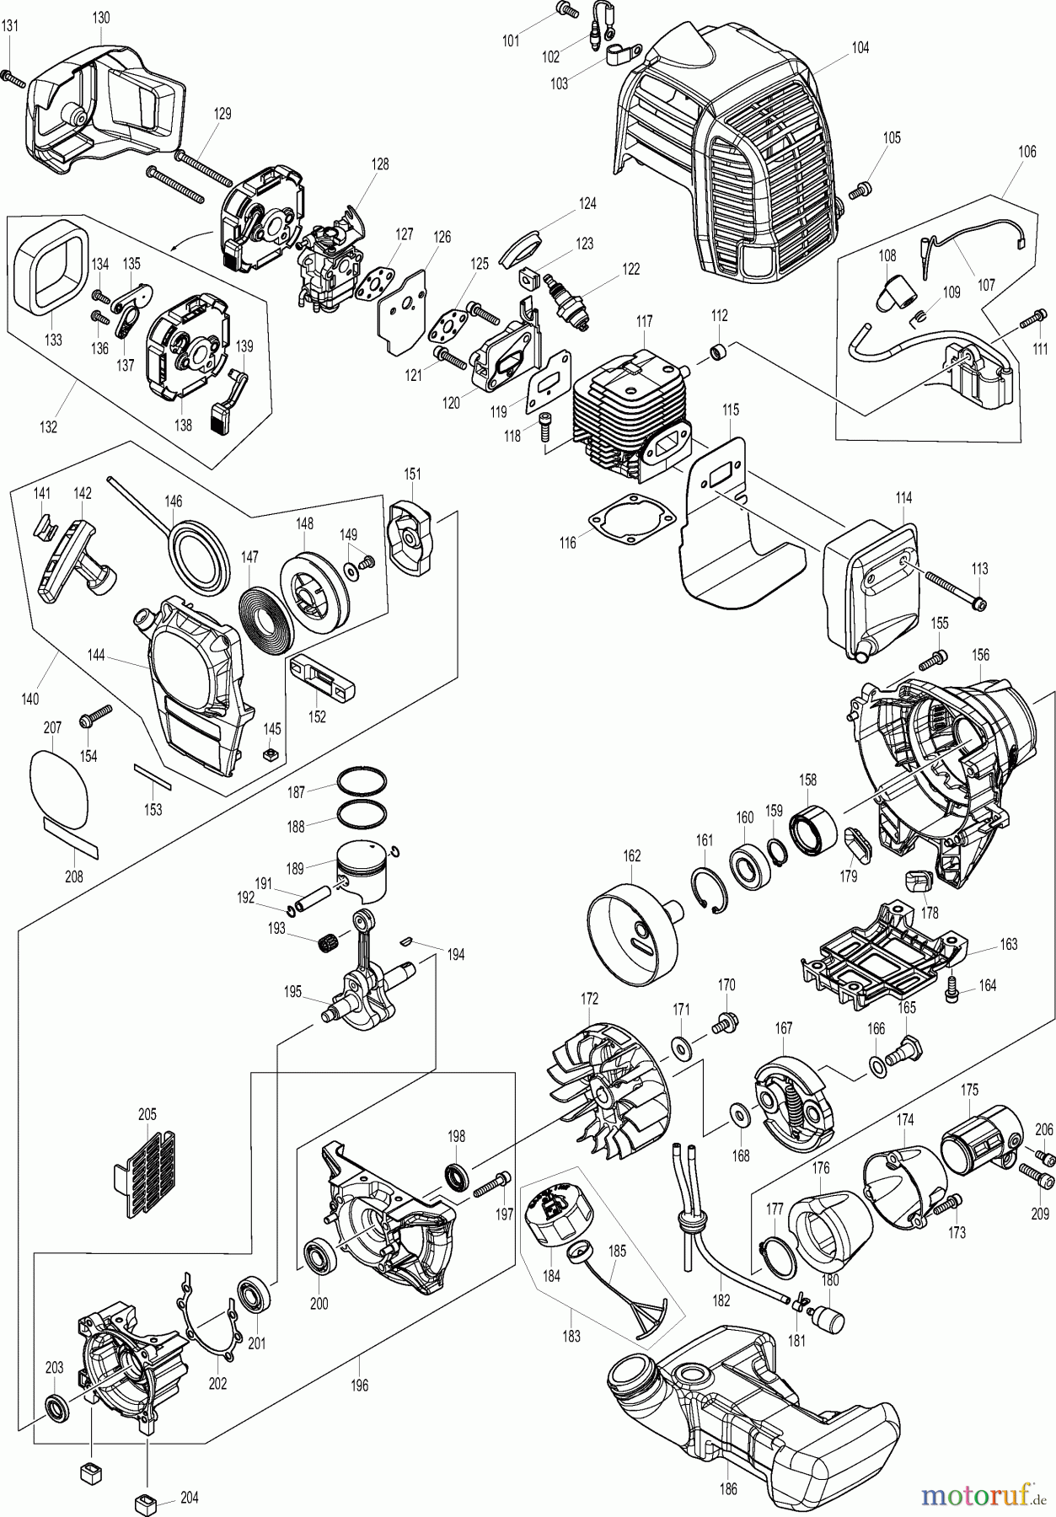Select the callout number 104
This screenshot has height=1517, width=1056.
coord(860,48)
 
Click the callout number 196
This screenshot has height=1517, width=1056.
coord(360,1385)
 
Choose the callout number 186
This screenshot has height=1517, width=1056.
coord(729,1489)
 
